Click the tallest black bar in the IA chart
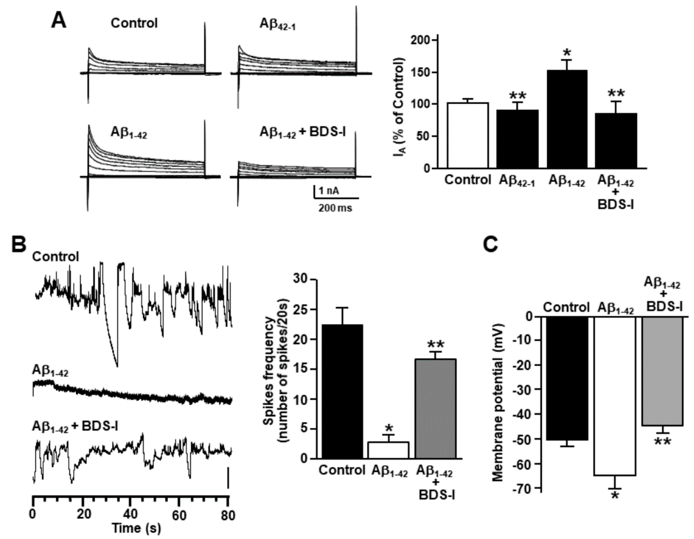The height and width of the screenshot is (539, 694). click(x=567, y=119)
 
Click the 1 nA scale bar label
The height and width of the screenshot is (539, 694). click(x=329, y=191)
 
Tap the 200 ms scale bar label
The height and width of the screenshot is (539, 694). click(x=335, y=208)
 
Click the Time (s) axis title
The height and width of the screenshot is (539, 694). click(x=136, y=528)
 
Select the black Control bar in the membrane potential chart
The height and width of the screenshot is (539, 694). click(x=566, y=378)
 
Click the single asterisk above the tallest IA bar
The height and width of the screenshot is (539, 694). click(x=567, y=52)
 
